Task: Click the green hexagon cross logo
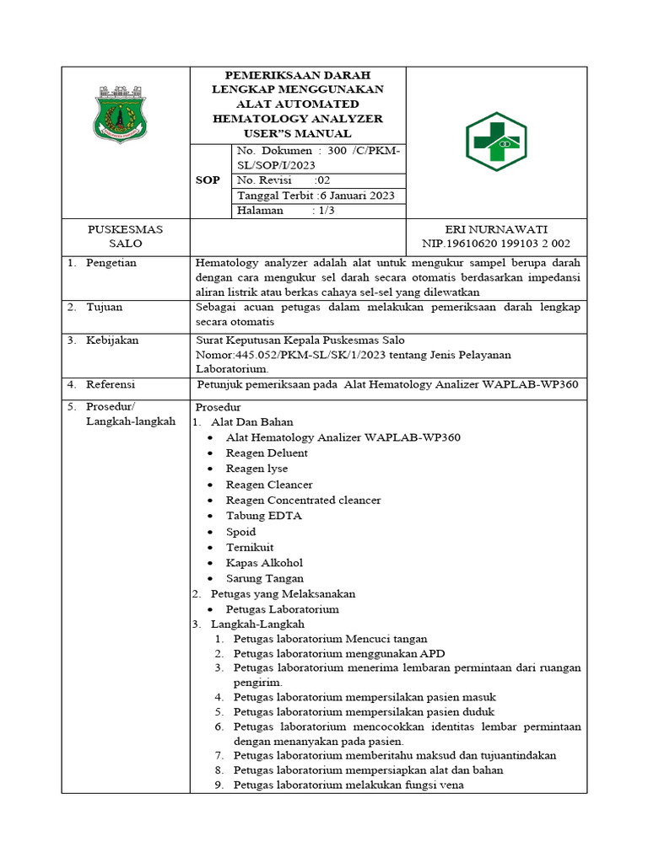pos(496,142)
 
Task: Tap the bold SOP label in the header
pos(208,180)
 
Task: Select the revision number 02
pos(322,180)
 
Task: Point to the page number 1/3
pos(323,211)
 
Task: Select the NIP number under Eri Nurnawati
pos(496,244)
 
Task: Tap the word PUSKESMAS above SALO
pos(126,228)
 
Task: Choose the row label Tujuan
pos(105,308)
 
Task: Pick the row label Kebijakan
pos(112,340)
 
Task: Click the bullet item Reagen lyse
pos(256,469)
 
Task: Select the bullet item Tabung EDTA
pos(263,516)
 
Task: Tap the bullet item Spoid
pos(240,532)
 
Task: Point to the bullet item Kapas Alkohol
pos(264,563)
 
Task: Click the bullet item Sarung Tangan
pos(264,578)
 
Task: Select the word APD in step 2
pos(433,653)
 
